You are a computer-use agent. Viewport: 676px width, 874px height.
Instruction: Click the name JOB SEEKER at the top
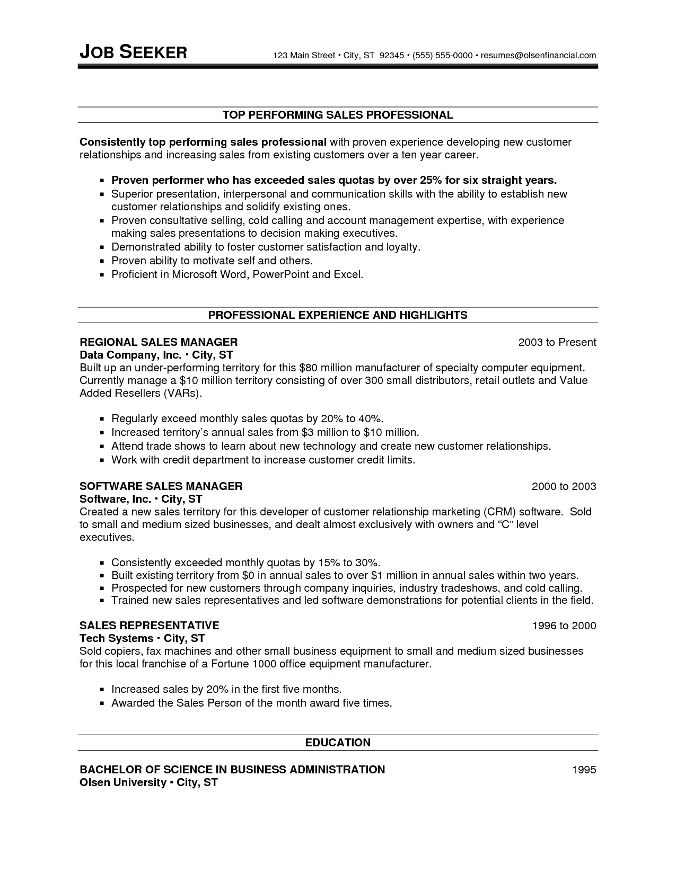pyautogui.click(x=133, y=52)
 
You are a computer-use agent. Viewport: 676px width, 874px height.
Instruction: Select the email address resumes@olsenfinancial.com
pyautogui.click(x=538, y=55)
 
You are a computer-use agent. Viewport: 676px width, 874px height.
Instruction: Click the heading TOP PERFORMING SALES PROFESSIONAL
pyautogui.click(x=338, y=115)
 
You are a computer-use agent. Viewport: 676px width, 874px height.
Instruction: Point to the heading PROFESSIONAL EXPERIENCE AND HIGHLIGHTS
pyautogui.click(x=338, y=315)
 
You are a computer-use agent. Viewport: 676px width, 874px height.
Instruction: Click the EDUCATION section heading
pyautogui.click(x=338, y=743)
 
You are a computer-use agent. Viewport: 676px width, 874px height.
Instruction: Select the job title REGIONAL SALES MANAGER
pyautogui.click(x=159, y=342)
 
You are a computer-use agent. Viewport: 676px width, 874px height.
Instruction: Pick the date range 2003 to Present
pyautogui.click(x=557, y=342)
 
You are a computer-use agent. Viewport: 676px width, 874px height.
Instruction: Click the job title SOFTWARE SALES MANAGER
pyautogui.click(x=161, y=486)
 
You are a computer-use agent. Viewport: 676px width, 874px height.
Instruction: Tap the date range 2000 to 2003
pyautogui.click(x=564, y=486)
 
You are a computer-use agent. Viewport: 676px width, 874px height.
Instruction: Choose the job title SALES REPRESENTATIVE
pyautogui.click(x=149, y=626)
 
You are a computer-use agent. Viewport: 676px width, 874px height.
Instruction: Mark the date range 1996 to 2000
pyautogui.click(x=564, y=626)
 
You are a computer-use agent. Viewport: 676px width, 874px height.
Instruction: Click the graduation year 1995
pyautogui.click(x=584, y=770)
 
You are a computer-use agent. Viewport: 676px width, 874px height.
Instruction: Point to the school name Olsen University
pyautogui.click(x=122, y=782)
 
